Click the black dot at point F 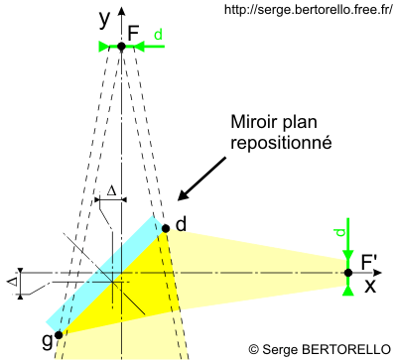pyautogui.click(x=121, y=47)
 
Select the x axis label pyautogui.click(x=369, y=287)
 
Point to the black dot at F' pyautogui.click(x=347, y=273)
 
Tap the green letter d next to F pyautogui.click(x=158, y=35)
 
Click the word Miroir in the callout pyautogui.click(x=254, y=124)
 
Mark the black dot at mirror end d pyautogui.click(x=166, y=228)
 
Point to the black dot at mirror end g pyautogui.click(x=59, y=334)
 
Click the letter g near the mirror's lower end pyautogui.click(x=46, y=340)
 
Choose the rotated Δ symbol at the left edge pyautogui.click(x=12, y=281)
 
